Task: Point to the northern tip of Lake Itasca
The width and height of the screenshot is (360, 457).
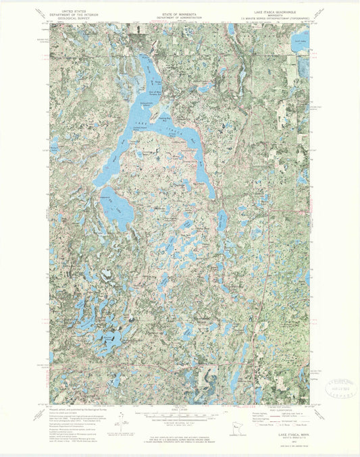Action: pyautogui.click(x=144, y=57)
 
